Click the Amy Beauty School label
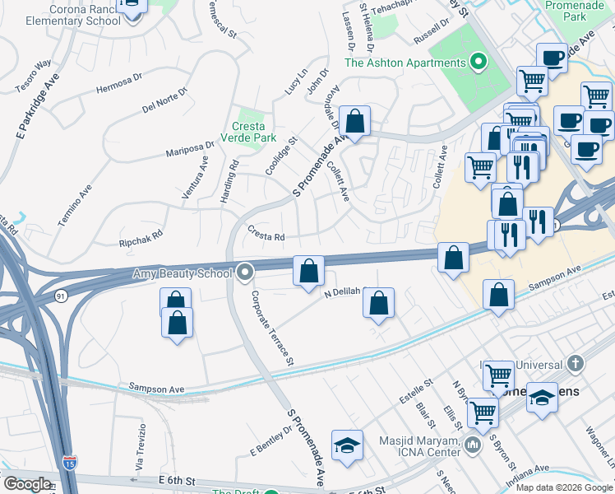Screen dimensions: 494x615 (x=180, y=272)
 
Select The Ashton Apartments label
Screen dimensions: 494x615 (x=405, y=63)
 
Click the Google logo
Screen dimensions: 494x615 (x=27, y=484)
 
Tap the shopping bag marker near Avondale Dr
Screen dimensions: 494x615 (x=354, y=123)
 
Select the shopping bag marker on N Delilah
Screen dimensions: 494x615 (x=378, y=304)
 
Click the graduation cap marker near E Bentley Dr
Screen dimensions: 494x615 (x=347, y=446)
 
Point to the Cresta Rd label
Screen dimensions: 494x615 (x=266, y=236)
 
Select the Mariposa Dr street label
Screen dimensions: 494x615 (x=189, y=148)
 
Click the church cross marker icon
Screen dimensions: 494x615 (x=576, y=363)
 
